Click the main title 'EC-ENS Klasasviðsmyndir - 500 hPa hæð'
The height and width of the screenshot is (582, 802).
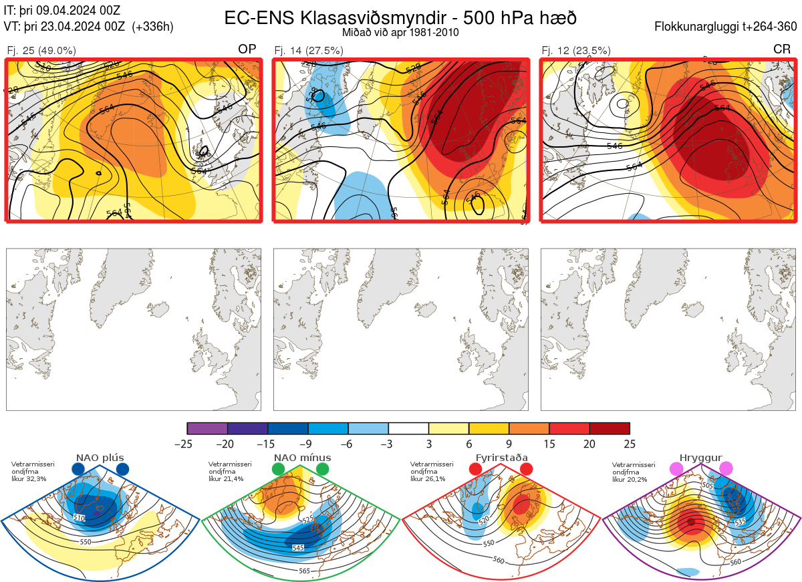400,18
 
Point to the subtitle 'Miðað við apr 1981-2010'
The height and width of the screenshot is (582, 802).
400,32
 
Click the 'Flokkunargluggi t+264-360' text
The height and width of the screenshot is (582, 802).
728,27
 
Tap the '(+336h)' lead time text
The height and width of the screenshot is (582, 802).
153,27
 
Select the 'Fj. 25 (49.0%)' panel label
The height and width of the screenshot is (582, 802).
41,50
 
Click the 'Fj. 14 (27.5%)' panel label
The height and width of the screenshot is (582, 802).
309,50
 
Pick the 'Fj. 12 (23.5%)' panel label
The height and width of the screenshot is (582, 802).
575,50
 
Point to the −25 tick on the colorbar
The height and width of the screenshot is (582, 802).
188,444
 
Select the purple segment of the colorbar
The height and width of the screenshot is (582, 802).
207,428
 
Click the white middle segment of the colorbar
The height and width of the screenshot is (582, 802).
408,428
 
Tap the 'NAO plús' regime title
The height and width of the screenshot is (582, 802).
100,458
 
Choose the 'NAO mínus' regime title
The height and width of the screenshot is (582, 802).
302,458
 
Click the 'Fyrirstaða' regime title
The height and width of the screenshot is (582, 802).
501,458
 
